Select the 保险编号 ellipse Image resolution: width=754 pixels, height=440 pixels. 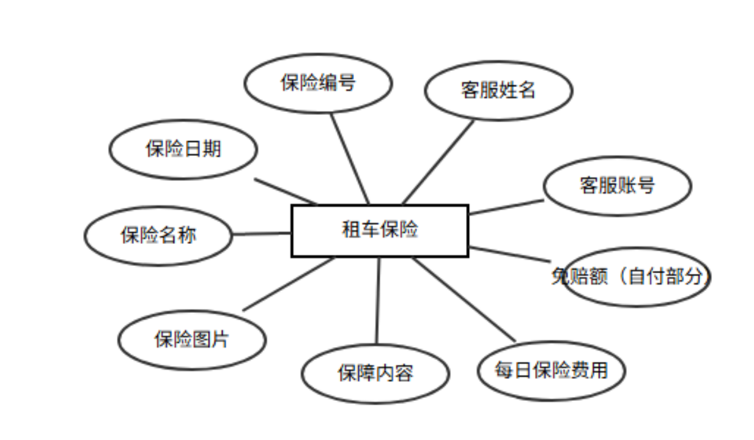tap(318, 84)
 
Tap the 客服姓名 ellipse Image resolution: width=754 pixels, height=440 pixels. tap(498, 90)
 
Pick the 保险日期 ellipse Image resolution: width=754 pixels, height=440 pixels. tap(183, 149)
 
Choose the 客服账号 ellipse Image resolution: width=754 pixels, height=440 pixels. tap(617, 185)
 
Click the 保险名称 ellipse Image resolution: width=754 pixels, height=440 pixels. tap(158, 235)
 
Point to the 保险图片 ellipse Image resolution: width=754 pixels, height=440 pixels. tap(192, 340)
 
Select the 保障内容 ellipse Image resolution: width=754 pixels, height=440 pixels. tap(375, 373)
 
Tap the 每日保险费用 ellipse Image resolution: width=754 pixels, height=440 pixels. tap(551, 370)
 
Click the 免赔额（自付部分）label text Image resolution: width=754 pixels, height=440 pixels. tap(630, 277)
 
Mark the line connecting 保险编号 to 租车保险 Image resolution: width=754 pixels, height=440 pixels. tap(350, 159)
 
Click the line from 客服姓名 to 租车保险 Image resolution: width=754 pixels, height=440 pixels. tap(438, 162)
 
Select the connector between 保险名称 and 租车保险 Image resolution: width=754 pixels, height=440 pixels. tap(262, 233)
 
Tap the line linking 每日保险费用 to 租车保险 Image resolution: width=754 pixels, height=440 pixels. tap(464, 299)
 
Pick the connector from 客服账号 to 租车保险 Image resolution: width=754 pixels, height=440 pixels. tap(506, 207)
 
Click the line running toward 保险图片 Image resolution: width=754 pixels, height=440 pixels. tap(289, 284)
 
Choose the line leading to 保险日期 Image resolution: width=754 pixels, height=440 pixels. tap(286, 191)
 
